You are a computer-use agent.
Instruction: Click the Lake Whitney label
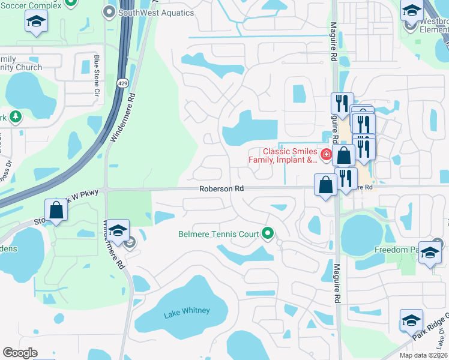(187, 310)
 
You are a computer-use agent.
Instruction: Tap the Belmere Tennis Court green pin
(268, 233)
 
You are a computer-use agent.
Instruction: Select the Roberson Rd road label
(221, 188)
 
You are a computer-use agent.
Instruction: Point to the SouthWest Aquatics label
(155, 12)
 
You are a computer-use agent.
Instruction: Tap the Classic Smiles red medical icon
(326, 155)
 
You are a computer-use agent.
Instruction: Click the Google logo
(20, 353)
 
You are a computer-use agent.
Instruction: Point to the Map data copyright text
(423, 355)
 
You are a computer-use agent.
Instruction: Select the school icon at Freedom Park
(430, 252)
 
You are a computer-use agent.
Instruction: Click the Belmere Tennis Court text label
(219, 234)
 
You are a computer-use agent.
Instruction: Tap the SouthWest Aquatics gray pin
(109, 12)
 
